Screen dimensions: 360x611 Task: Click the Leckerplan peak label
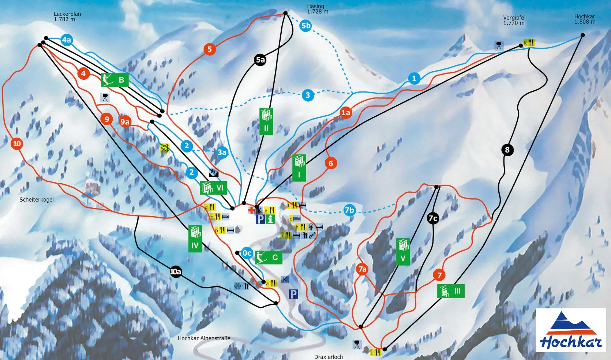coord(67,16)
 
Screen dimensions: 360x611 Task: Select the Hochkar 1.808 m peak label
coord(585,19)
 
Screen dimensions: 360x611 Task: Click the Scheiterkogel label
coord(37,200)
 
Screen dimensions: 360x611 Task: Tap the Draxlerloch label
coord(329,357)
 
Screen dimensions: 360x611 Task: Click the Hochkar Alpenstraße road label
coord(204,338)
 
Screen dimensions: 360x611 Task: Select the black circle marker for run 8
coord(507,150)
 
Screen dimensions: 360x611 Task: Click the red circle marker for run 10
coord(17,144)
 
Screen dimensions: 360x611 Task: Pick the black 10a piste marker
coord(176,271)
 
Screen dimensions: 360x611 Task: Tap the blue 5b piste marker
coord(305,26)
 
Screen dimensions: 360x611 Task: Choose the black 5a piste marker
coord(260,60)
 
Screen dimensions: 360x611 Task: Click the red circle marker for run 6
coord(331,163)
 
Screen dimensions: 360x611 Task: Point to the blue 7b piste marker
coord(349,210)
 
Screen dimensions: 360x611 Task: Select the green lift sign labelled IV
coord(195,239)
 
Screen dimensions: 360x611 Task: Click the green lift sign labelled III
coord(451,291)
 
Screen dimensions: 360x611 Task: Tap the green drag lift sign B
coord(115,80)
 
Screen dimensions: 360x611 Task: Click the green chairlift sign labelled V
coord(403,252)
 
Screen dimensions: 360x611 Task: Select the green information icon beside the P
coord(270,219)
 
